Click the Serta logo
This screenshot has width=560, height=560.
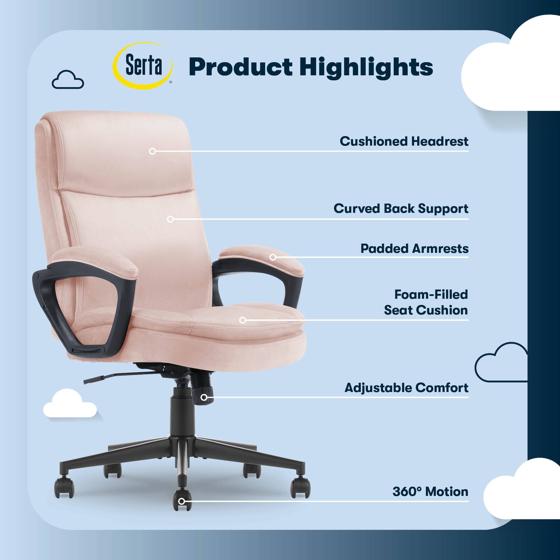pos(143,66)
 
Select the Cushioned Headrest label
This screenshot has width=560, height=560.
pos(404,141)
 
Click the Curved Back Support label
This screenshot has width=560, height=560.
pos(401,209)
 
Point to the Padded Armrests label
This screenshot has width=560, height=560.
pos(414,248)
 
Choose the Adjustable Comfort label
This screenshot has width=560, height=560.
pos(406,388)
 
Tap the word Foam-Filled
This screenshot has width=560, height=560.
pos(431,295)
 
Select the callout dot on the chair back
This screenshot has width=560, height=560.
pos(171,219)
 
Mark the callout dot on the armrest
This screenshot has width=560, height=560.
pos(273,257)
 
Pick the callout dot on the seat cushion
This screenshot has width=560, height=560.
pos(242,320)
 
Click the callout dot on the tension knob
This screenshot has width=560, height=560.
pos(204,397)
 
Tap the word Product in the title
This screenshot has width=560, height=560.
pos(241,67)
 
